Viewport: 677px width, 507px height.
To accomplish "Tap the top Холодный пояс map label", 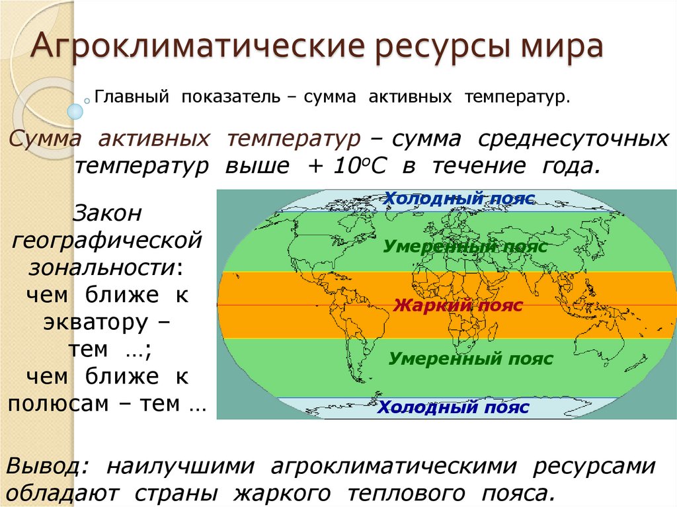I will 459,198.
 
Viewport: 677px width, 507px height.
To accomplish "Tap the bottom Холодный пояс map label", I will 453,407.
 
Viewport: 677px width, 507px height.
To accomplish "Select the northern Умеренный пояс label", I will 465,247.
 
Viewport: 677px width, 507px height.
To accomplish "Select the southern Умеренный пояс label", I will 470,359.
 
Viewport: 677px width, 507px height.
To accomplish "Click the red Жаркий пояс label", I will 458,305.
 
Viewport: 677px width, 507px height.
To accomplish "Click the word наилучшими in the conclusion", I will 181,467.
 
